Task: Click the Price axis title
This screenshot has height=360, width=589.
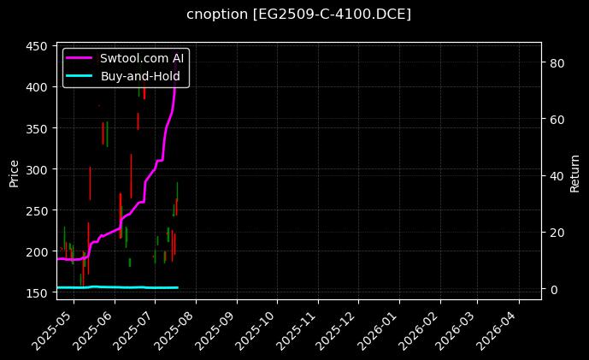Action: pos(14,171)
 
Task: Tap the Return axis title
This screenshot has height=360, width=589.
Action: pos(574,171)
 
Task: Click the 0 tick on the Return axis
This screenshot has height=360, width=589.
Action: pos(552,289)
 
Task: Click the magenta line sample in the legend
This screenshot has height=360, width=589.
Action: pos(80,58)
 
